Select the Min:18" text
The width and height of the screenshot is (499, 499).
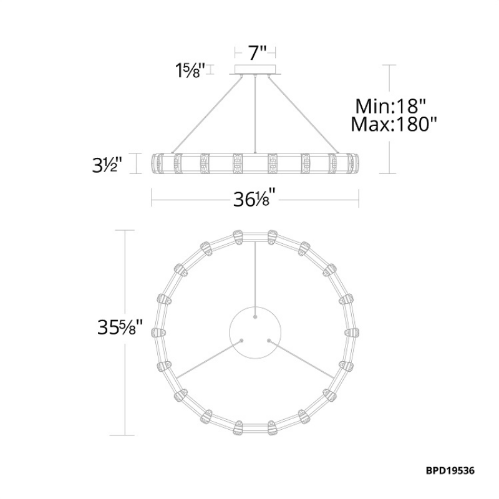pyautogui.click(x=390, y=106)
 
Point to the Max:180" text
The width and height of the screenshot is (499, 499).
pyautogui.click(x=394, y=124)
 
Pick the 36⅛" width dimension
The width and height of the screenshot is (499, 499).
pyautogui.click(x=254, y=200)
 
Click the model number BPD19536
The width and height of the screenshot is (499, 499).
pyautogui.click(x=450, y=471)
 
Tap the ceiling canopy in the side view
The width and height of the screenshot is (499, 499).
pyautogui.click(x=255, y=70)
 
